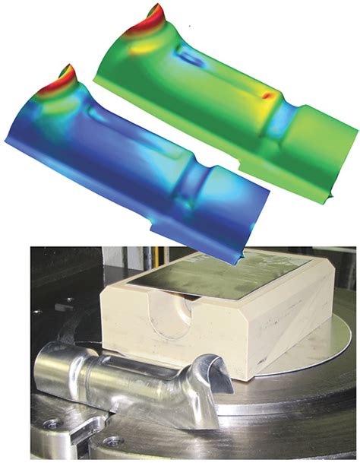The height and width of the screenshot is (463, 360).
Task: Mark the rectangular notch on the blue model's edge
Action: coord(154,227)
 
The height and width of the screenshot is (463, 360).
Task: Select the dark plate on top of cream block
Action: coord(228,271)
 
